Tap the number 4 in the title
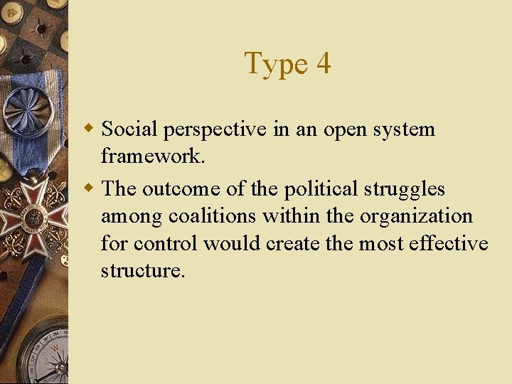323,63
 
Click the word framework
153,156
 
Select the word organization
418,217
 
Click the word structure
142,270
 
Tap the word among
132,217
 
